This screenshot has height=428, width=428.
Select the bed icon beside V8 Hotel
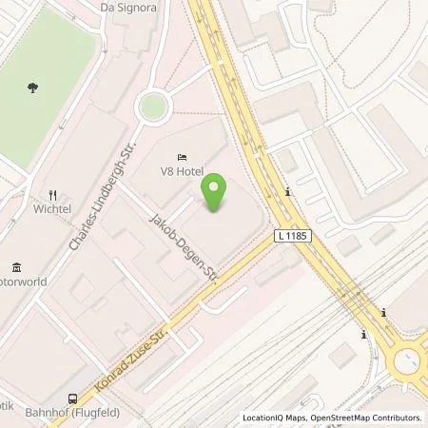click(180, 157)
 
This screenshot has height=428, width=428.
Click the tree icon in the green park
click(34, 87)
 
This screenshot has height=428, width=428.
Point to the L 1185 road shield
click(294, 235)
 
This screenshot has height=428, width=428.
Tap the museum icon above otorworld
click(16, 267)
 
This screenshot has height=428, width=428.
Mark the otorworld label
click(20, 282)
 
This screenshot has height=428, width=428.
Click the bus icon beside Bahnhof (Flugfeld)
click(72, 399)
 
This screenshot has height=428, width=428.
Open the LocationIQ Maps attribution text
click(276, 418)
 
